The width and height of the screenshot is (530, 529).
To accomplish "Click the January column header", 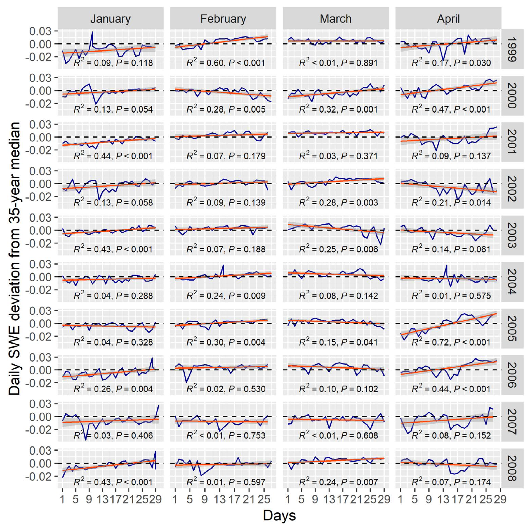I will [110, 19].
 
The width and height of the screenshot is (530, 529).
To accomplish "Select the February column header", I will [223, 19].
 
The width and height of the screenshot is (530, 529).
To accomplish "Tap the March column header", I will [336, 19].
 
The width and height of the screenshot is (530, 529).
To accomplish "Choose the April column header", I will [448, 19].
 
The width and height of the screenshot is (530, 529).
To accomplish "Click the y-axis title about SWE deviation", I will [14, 258].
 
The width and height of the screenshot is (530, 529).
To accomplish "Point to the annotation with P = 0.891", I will [338, 63].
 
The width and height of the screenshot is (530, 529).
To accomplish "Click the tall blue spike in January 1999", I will [92, 32].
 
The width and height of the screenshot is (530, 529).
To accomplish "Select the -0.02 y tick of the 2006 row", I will [38, 383].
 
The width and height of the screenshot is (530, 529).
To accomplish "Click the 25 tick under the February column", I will [264, 499].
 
